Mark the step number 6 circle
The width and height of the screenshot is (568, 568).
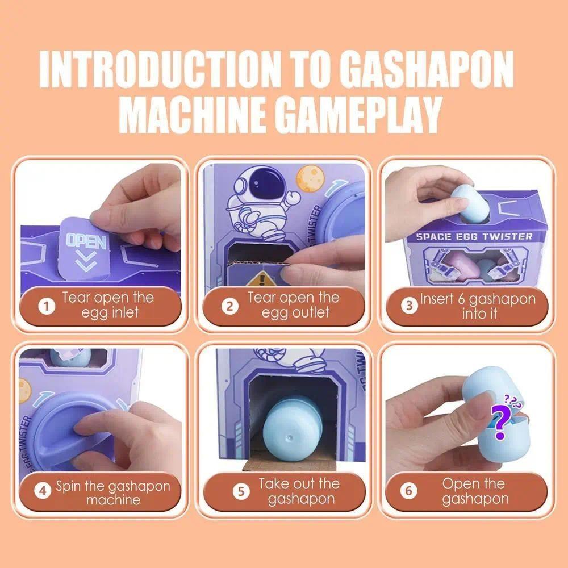click(x=408, y=491)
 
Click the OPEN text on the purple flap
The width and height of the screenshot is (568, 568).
click(x=86, y=241)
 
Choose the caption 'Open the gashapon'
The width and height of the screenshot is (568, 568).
click(x=475, y=491)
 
